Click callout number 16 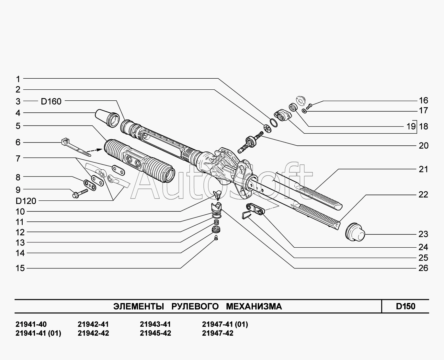[x=423, y=100]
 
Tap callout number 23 [x=423, y=234]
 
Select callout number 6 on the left [x=18, y=142]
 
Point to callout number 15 [x=20, y=268]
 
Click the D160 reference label [x=51, y=102]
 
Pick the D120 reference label [x=26, y=201]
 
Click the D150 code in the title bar [x=405, y=306]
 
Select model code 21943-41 [x=155, y=324]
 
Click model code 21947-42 [x=217, y=333]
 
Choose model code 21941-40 [x=31, y=324]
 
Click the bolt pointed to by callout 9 [x=79, y=193]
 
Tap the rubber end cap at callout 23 [x=355, y=232]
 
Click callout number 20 [x=423, y=146]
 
